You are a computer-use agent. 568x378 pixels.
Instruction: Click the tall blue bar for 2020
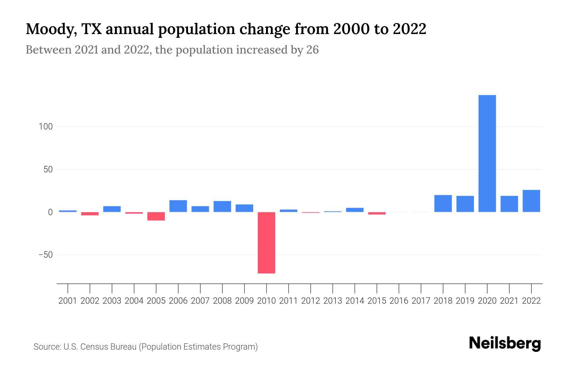[x=487, y=153]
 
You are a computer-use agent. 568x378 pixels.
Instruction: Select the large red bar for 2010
[x=266, y=243]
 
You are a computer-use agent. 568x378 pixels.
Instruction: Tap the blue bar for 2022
[x=531, y=201]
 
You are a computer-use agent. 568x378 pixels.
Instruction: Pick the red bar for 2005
[x=156, y=216]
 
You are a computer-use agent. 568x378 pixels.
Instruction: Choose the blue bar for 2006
[x=178, y=206]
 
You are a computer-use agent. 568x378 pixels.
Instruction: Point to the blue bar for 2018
[x=443, y=203]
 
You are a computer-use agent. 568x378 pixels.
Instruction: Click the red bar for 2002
[x=90, y=214]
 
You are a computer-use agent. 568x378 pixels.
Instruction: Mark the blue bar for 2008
[x=222, y=206]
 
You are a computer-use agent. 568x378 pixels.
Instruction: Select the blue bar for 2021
[x=509, y=204]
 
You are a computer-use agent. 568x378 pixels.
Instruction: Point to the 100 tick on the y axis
[x=45, y=127]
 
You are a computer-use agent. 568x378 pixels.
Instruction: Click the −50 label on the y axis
[x=45, y=255]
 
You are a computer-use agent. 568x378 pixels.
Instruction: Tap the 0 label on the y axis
[x=50, y=212]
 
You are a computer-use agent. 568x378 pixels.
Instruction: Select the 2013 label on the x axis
[x=333, y=301]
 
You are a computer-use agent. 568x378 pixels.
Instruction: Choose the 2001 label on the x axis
[x=68, y=301]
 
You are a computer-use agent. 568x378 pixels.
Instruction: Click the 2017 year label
[x=421, y=301]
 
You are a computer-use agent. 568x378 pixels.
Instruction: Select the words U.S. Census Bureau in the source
[x=100, y=347]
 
